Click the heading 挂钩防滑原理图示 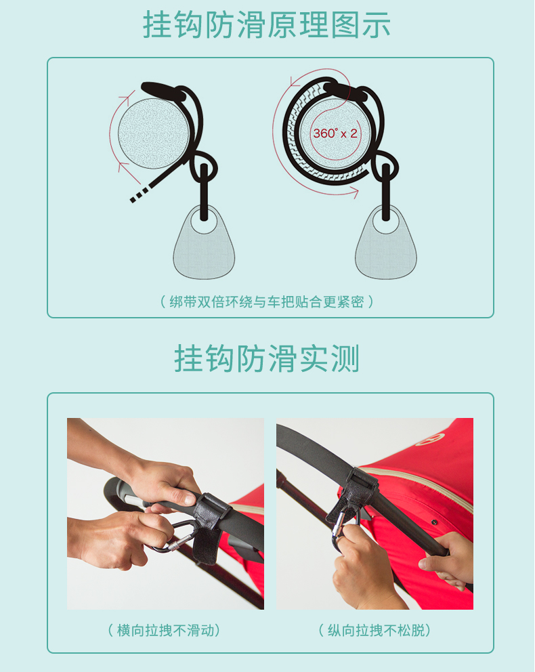(266, 24)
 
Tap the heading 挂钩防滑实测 (266, 358)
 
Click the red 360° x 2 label (335, 133)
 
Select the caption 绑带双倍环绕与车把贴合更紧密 (266, 301)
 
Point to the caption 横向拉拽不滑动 (165, 631)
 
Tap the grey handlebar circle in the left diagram (154, 133)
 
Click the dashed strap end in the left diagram (140, 194)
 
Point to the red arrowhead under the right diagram (354, 192)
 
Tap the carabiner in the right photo (342, 528)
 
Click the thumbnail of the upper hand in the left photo (189, 499)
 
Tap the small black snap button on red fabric (434, 522)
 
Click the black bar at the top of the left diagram (164, 91)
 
